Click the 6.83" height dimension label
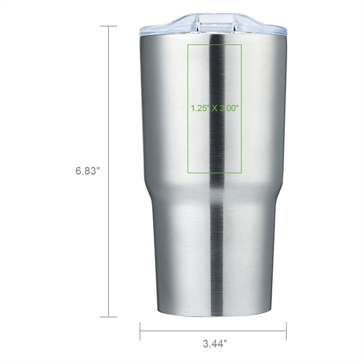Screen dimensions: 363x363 (x=87, y=171)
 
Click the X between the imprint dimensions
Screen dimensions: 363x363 (x=215, y=109)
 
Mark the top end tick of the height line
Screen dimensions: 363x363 (x=108, y=26)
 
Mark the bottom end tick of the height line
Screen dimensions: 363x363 (x=108, y=316)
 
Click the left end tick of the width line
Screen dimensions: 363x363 (x=140, y=331)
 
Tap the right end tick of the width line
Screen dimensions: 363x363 (x=286, y=331)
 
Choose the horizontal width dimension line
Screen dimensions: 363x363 (x=213, y=331)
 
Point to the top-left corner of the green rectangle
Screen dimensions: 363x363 (x=189, y=45)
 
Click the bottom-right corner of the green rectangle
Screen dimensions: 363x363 (x=241, y=173)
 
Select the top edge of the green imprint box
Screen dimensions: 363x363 (x=215, y=45)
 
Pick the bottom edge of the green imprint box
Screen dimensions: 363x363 (x=215, y=173)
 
